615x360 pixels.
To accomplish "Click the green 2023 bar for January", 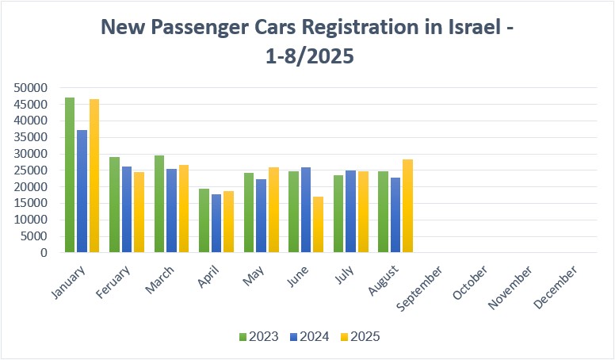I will (x=70, y=175).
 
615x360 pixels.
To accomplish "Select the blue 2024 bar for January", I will (x=82, y=191).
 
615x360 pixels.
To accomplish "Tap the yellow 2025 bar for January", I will (x=94, y=176).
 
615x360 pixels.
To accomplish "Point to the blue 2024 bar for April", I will (x=216, y=224).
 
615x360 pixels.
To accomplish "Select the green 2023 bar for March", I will (x=159, y=204).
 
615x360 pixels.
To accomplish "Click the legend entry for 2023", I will (x=258, y=337).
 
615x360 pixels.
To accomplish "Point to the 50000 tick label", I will (x=31, y=88).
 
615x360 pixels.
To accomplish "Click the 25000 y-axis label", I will (x=31, y=170).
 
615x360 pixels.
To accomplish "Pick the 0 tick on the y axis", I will (x=45, y=253).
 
